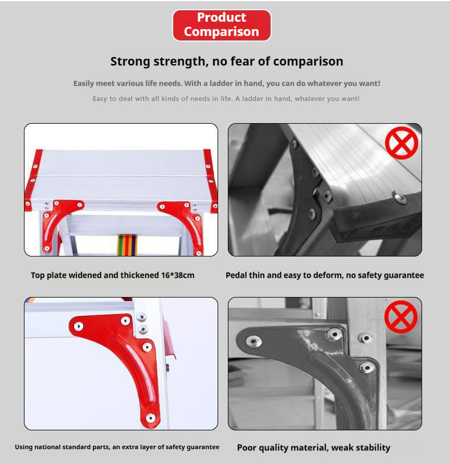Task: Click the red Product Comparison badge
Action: (x=222, y=25)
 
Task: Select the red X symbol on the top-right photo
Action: (x=401, y=143)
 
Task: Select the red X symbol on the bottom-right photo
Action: (x=401, y=316)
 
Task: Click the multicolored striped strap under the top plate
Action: (x=127, y=245)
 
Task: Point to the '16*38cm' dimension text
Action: (x=178, y=275)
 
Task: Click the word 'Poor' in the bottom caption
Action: (x=247, y=447)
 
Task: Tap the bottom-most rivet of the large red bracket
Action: (x=150, y=418)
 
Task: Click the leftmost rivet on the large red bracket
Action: (x=79, y=327)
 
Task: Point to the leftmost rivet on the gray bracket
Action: (x=253, y=341)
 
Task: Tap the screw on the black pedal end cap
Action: (x=400, y=197)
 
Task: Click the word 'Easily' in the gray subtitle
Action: (x=84, y=84)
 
